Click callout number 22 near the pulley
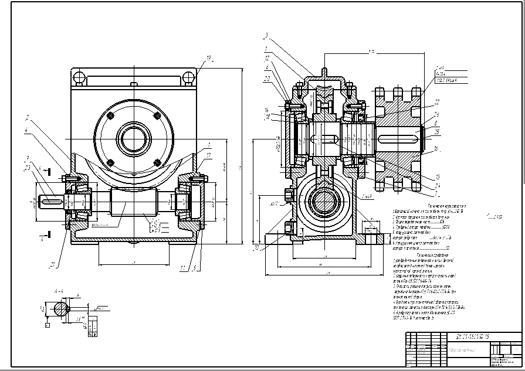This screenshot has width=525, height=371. coord(437,101)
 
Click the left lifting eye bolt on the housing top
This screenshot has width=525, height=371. coord(77,77)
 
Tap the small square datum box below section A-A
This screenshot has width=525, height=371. coord(47,324)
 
